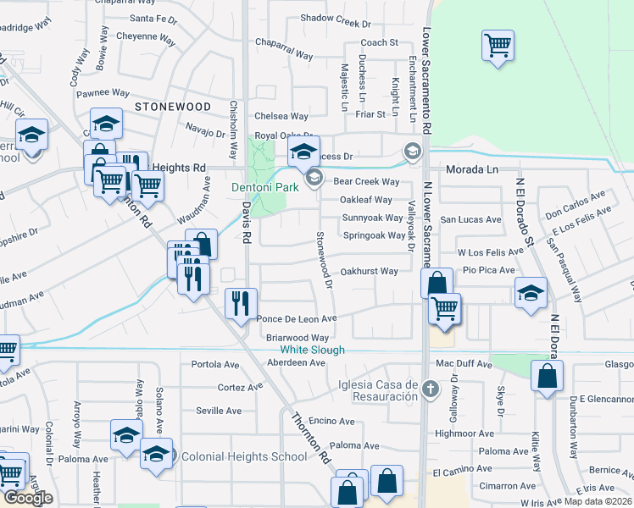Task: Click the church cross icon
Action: pos(431,389)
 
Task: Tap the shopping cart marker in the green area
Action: pos(498,44)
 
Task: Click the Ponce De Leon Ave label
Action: pos(297,319)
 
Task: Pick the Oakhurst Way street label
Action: pos(369,272)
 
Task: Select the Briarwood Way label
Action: pos(297,337)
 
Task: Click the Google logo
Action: pos(28,498)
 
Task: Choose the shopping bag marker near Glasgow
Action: pos(547,375)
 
